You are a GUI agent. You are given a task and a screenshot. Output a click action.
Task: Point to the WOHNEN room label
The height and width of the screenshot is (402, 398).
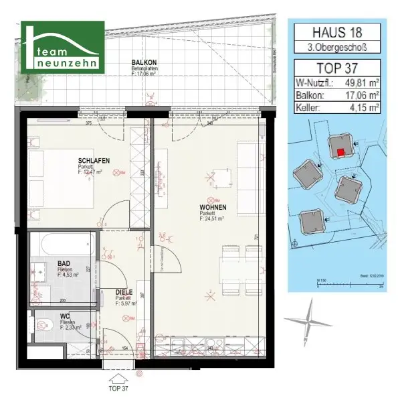212,208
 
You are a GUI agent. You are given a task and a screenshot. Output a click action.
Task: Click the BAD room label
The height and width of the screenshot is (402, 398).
65,264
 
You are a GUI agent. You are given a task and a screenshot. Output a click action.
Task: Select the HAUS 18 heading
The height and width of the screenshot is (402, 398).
335,31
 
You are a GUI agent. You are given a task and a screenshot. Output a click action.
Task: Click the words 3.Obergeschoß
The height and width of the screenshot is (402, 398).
335,47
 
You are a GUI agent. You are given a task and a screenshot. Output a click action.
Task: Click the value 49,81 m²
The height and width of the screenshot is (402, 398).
360,83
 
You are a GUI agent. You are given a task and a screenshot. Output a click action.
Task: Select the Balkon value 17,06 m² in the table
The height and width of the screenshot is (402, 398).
360,95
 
